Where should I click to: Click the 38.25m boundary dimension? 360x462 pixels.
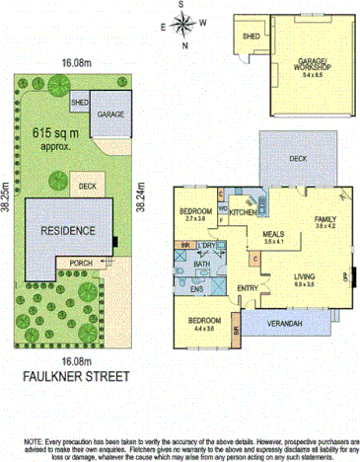click(8, 208)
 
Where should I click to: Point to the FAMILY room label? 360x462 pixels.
click(324, 219)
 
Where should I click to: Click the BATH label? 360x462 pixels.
click(202, 264)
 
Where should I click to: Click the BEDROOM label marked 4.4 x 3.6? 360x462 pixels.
click(204, 322)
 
